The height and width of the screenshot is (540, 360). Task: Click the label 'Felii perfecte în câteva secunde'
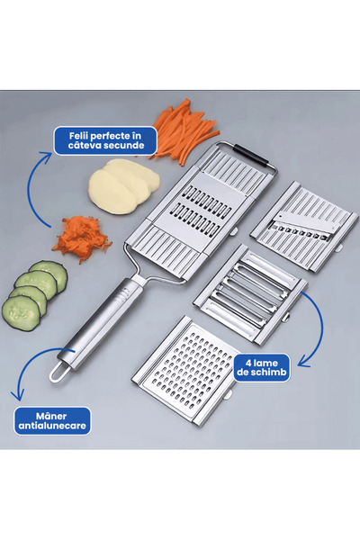pyautogui.click(x=104, y=139)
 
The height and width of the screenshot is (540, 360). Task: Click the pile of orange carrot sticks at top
pyautogui.click(x=184, y=130)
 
